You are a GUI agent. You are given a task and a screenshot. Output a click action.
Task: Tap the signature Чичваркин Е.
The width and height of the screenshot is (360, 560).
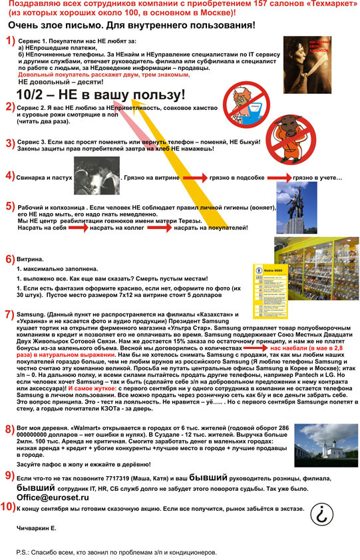pyautogui.click(x=37, y=528)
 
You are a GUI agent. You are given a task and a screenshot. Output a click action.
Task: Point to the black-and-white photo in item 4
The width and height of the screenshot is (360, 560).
pyautogui.click(x=100, y=176)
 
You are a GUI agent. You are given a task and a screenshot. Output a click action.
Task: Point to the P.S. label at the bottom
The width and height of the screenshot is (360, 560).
pyautogui.click(x=23, y=553)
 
